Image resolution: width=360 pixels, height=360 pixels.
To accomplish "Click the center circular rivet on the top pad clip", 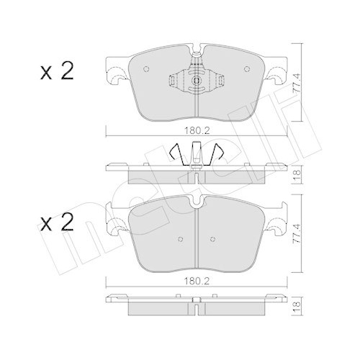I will click(x=197, y=81).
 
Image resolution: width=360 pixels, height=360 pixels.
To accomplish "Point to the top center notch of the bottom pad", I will click(x=197, y=206).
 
